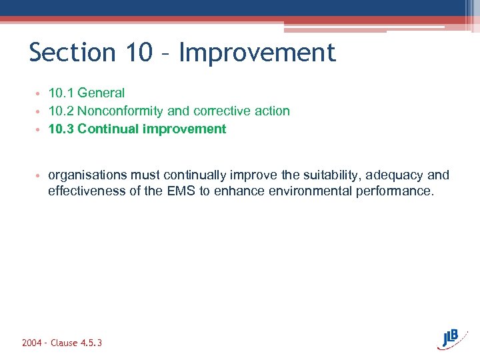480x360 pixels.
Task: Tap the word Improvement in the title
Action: tap(257, 53)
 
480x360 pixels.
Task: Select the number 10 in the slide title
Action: tap(141, 53)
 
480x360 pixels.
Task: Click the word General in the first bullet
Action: tap(101, 93)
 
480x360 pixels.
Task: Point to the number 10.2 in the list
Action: tap(61, 111)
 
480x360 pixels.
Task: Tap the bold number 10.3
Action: tap(61, 129)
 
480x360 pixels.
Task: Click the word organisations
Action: tap(87, 175)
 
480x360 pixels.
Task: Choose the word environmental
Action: tap(309, 192)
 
